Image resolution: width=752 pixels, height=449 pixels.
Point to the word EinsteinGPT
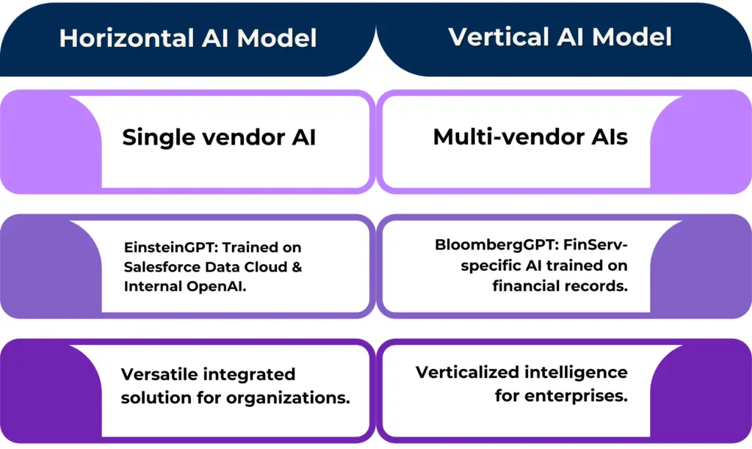[x=162, y=248]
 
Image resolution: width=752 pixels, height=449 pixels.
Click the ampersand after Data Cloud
[x=297, y=267]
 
